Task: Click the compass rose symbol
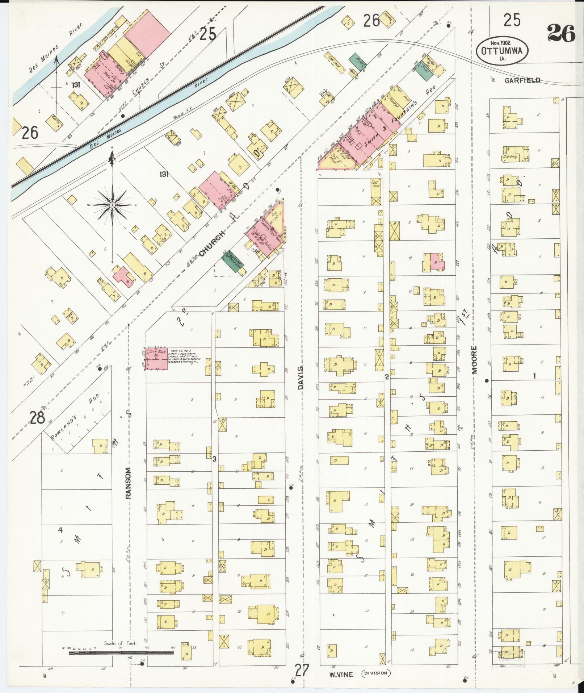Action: [112, 205]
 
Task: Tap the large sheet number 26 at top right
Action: [561, 33]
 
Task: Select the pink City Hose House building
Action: [157, 359]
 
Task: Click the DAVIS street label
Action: [300, 377]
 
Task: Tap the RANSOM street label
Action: [129, 478]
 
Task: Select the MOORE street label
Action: [475, 359]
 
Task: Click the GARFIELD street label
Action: [523, 80]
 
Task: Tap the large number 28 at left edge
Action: [37, 417]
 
